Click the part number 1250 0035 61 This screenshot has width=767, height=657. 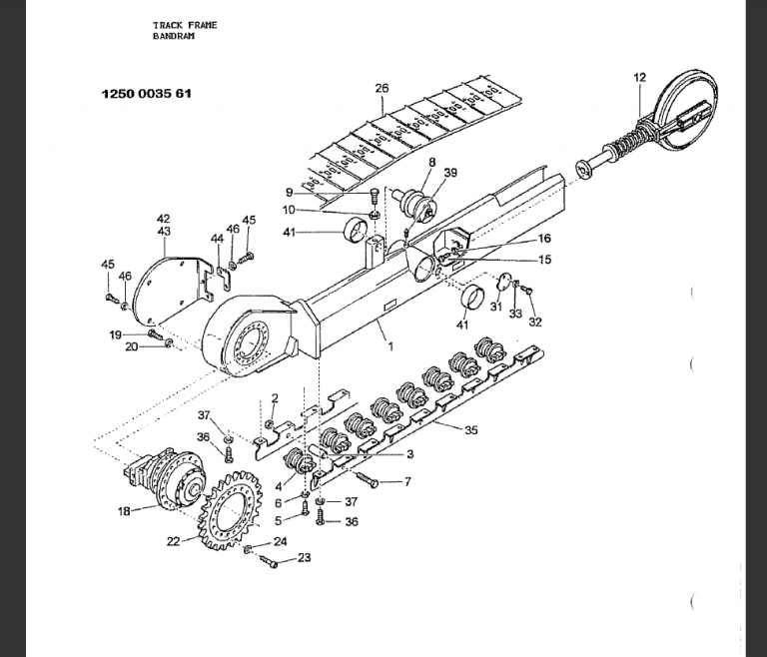pyautogui.click(x=146, y=94)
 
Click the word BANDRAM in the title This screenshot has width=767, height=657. pyautogui.click(x=173, y=36)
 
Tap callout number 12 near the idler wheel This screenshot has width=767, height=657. pyautogui.click(x=639, y=77)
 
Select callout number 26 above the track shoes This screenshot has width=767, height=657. pyautogui.click(x=383, y=88)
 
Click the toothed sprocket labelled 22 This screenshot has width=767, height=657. pyautogui.click(x=230, y=510)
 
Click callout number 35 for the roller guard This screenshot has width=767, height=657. pyautogui.click(x=471, y=430)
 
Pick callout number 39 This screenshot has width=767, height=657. pyautogui.click(x=450, y=172)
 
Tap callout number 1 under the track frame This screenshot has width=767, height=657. pyautogui.click(x=390, y=346)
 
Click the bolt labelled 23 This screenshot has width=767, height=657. pyautogui.click(x=268, y=561)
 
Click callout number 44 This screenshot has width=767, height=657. pyautogui.click(x=217, y=238)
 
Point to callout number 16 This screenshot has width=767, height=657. pyautogui.click(x=544, y=239)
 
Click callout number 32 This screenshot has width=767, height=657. pyautogui.click(x=535, y=322)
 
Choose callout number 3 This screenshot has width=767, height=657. pyautogui.click(x=409, y=454)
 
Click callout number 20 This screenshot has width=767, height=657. pyautogui.click(x=132, y=346)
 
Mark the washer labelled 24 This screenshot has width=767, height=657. pyautogui.click(x=248, y=549)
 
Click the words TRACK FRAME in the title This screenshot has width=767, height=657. pyautogui.click(x=185, y=25)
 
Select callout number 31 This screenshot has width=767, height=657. pyautogui.click(x=496, y=307)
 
